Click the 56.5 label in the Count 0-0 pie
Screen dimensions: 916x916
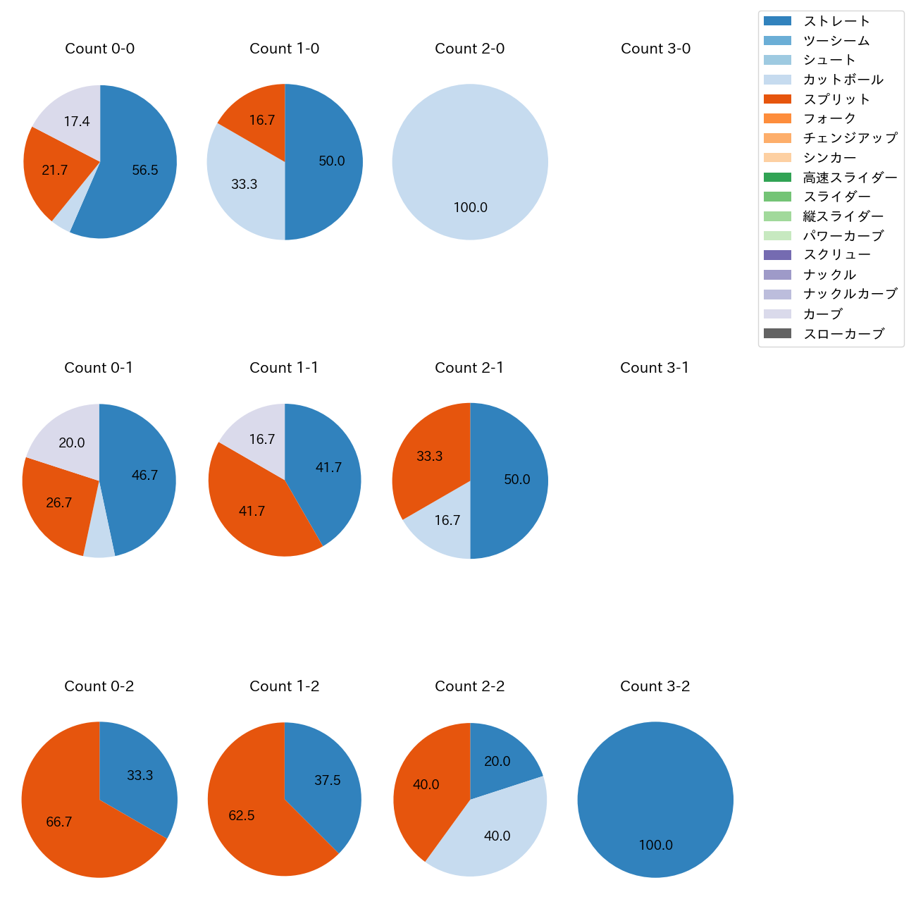pos(145,170)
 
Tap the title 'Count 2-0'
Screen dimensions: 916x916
pos(470,49)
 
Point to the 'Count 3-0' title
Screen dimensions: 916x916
pos(655,49)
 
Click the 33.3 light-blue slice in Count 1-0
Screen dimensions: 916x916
pos(243,183)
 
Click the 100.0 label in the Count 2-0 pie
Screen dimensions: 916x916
pos(470,208)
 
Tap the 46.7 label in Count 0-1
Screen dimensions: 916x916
pos(144,476)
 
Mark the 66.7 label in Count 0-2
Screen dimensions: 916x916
pos(59,822)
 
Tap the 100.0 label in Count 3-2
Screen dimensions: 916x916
pos(655,846)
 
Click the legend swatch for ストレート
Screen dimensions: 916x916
pos(777,21)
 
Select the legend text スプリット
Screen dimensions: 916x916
pos(836,99)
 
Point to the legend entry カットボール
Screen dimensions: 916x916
pos(843,80)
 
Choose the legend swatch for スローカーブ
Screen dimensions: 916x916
pos(777,333)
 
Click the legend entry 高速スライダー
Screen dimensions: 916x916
pos(850,178)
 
